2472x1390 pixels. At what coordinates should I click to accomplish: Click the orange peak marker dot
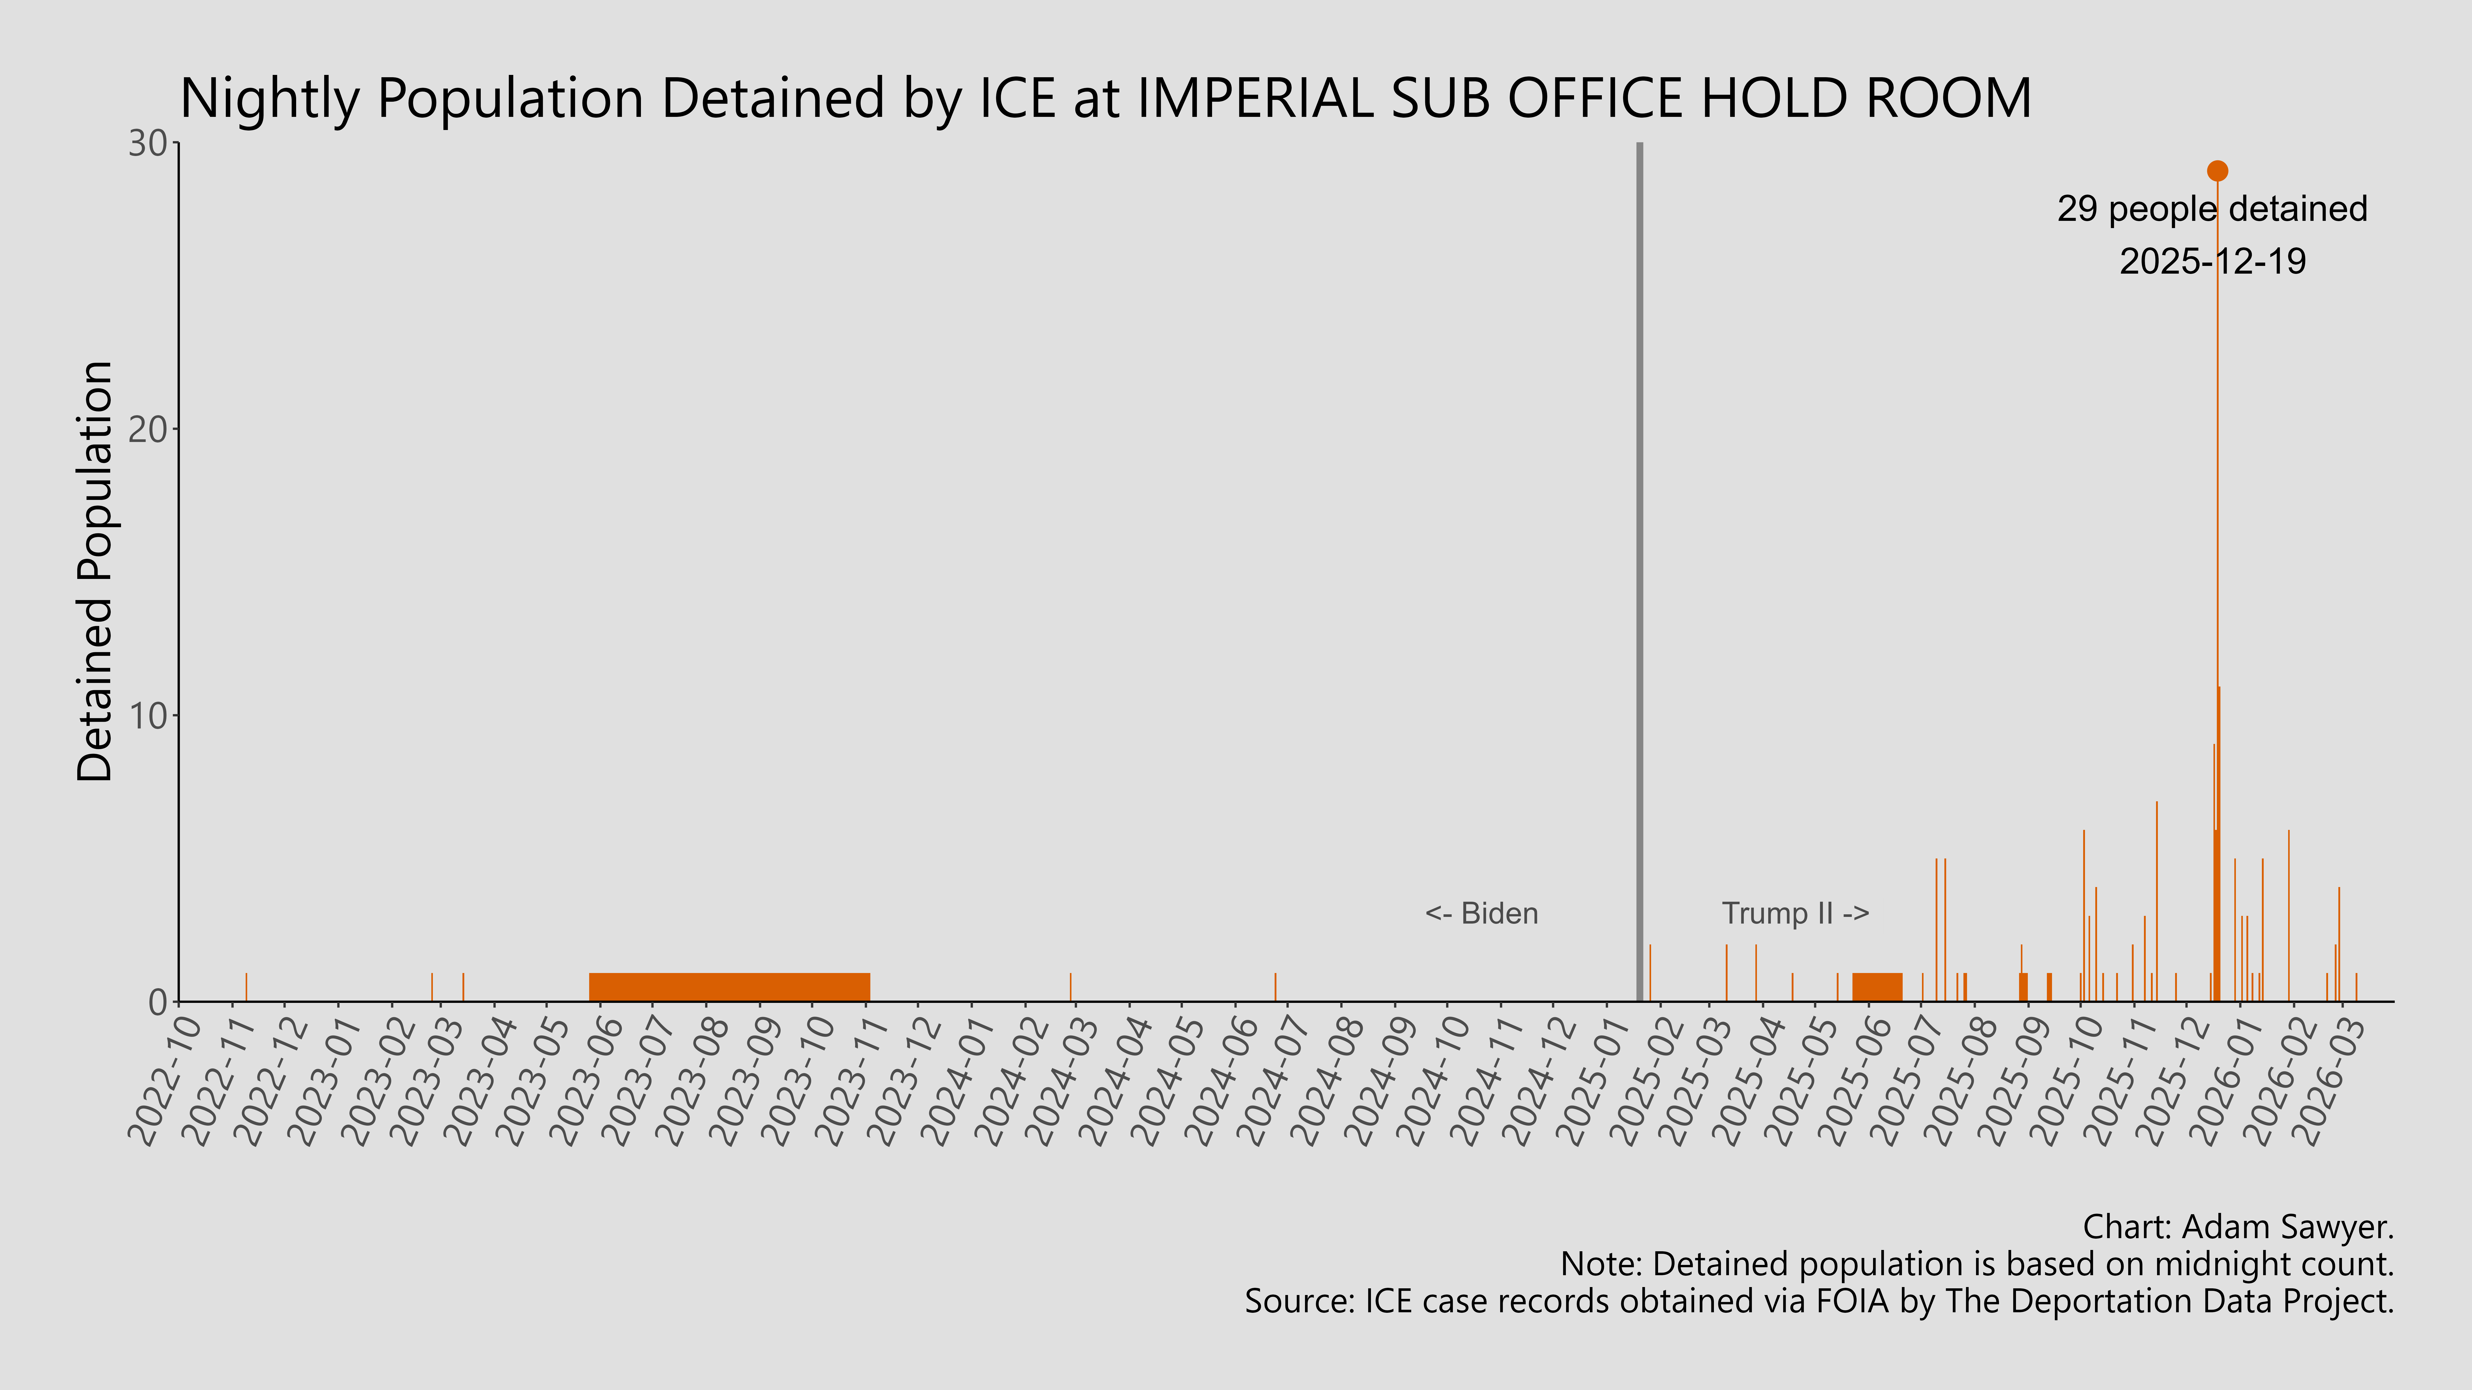pyautogui.click(x=2217, y=171)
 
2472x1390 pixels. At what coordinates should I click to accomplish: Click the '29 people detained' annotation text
pyautogui.click(x=2212, y=209)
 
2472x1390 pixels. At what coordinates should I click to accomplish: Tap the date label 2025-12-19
pyautogui.click(x=2212, y=261)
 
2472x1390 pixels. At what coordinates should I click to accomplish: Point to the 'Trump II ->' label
pyautogui.click(x=1795, y=913)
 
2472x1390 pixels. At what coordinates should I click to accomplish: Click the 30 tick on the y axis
pyautogui.click(x=149, y=144)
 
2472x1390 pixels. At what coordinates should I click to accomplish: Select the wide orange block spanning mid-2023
pyautogui.click(x=729, y=987)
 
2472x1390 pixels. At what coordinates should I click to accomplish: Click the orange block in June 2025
pyautogui.click(x=1876, y=987)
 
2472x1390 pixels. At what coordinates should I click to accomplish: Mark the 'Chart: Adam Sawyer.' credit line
pyautogui.click(x=2238, y=1227)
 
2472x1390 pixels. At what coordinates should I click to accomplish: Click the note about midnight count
pyautogui.click(x=1977, y=1264)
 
